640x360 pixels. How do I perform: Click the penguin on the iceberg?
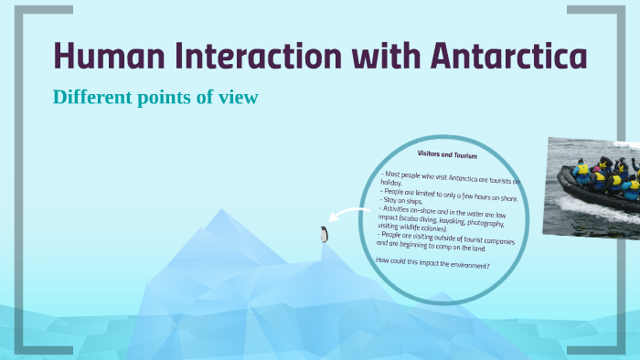click(323, 235)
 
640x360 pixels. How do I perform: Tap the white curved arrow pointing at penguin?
click(353, 216)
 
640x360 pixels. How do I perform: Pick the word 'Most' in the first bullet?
click(397, 172)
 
